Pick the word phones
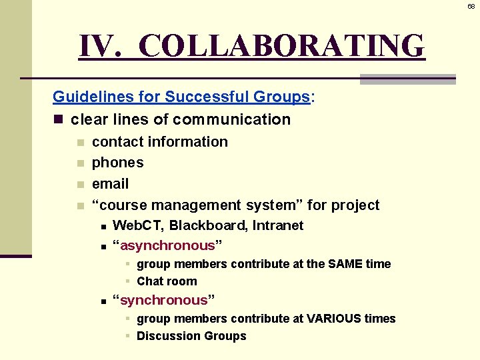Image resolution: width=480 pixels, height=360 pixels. point(118,163)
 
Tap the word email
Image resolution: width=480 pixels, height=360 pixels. point(110,184)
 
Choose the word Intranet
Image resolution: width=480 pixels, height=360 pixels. point(278,226)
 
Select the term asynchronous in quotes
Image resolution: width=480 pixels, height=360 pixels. point(168,245)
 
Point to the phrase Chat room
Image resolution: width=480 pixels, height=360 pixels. point(167,281)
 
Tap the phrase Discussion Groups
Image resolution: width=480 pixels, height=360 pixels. point(191,336)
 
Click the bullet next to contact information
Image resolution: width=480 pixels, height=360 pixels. point(80,142)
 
